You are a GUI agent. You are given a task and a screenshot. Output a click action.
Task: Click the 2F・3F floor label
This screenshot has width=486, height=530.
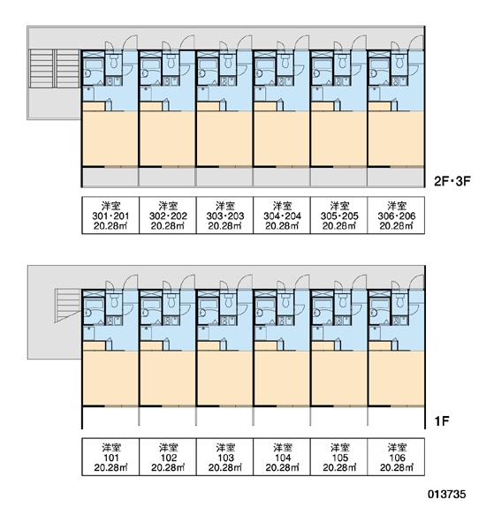(452, 181)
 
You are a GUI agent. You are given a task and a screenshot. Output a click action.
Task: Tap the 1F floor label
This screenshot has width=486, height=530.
(442, 421)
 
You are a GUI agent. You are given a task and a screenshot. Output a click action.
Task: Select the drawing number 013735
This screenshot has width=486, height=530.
(447, 494)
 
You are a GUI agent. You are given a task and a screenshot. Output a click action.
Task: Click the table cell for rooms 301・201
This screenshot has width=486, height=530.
(110, 216)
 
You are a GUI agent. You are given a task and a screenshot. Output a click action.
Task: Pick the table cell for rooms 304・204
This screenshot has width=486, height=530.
(282, 216)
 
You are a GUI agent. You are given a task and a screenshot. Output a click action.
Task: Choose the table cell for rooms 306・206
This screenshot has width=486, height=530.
(396, 216)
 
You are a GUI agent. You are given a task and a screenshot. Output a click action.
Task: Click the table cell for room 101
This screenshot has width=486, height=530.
(110, 457)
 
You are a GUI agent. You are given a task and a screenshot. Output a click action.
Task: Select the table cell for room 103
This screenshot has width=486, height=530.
(225, 457)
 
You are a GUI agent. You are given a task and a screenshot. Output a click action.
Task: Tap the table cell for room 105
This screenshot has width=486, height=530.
(339, 457)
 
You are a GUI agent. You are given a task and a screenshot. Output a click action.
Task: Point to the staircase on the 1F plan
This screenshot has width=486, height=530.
(69, 305)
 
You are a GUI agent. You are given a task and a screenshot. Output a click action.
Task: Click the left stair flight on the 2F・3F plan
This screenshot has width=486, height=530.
(42, 69)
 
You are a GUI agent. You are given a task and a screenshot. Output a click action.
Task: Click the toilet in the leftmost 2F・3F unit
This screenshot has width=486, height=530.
(114, 61)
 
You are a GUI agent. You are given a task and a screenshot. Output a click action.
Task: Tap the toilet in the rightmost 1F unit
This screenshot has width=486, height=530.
(400, 300)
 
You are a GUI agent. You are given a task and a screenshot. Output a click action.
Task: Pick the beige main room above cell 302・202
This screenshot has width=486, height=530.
(167, 139)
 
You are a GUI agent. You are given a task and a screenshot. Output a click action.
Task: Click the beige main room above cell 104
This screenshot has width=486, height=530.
(282, 378)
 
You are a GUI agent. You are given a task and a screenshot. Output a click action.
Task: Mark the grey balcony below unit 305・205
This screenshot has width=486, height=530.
(339, 177)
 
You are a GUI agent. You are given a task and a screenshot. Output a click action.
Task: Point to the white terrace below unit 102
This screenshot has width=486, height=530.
(167, 416)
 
